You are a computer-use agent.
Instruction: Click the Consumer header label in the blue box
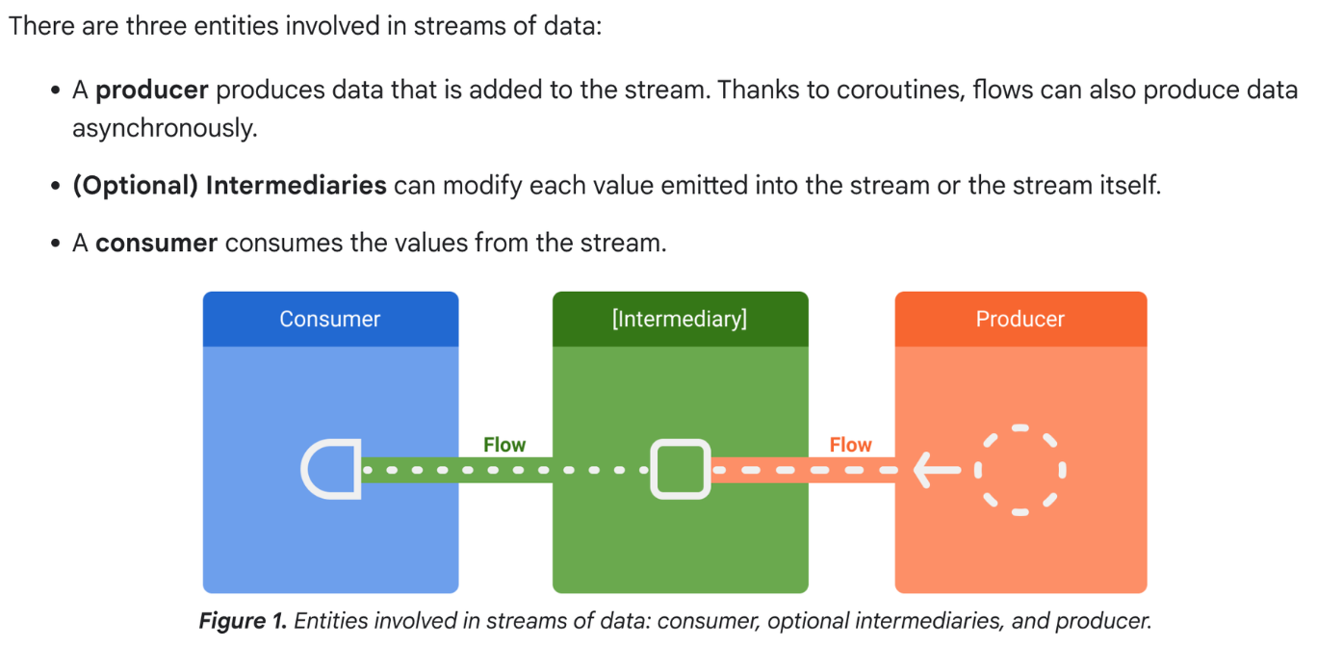point(329,319)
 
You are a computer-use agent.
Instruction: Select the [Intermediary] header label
point(679,319)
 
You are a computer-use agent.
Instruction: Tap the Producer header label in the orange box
point(1020,319)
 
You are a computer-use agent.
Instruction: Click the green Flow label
point(504,445)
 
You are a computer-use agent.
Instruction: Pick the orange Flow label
point(850,445)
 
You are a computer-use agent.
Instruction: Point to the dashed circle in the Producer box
point(1020,471)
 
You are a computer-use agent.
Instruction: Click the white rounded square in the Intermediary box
point(680,470)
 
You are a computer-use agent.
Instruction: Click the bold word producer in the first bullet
point(152,91)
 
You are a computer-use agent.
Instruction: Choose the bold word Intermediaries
point(296,185)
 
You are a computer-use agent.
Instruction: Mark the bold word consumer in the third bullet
point(156,243)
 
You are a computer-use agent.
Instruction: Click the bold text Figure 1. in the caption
point(243,621)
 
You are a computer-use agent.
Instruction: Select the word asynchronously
point(165,128)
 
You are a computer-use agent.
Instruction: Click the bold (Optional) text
point(135,185)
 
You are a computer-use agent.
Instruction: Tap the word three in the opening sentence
point(155,25)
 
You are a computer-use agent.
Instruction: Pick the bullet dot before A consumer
point(56,244)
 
